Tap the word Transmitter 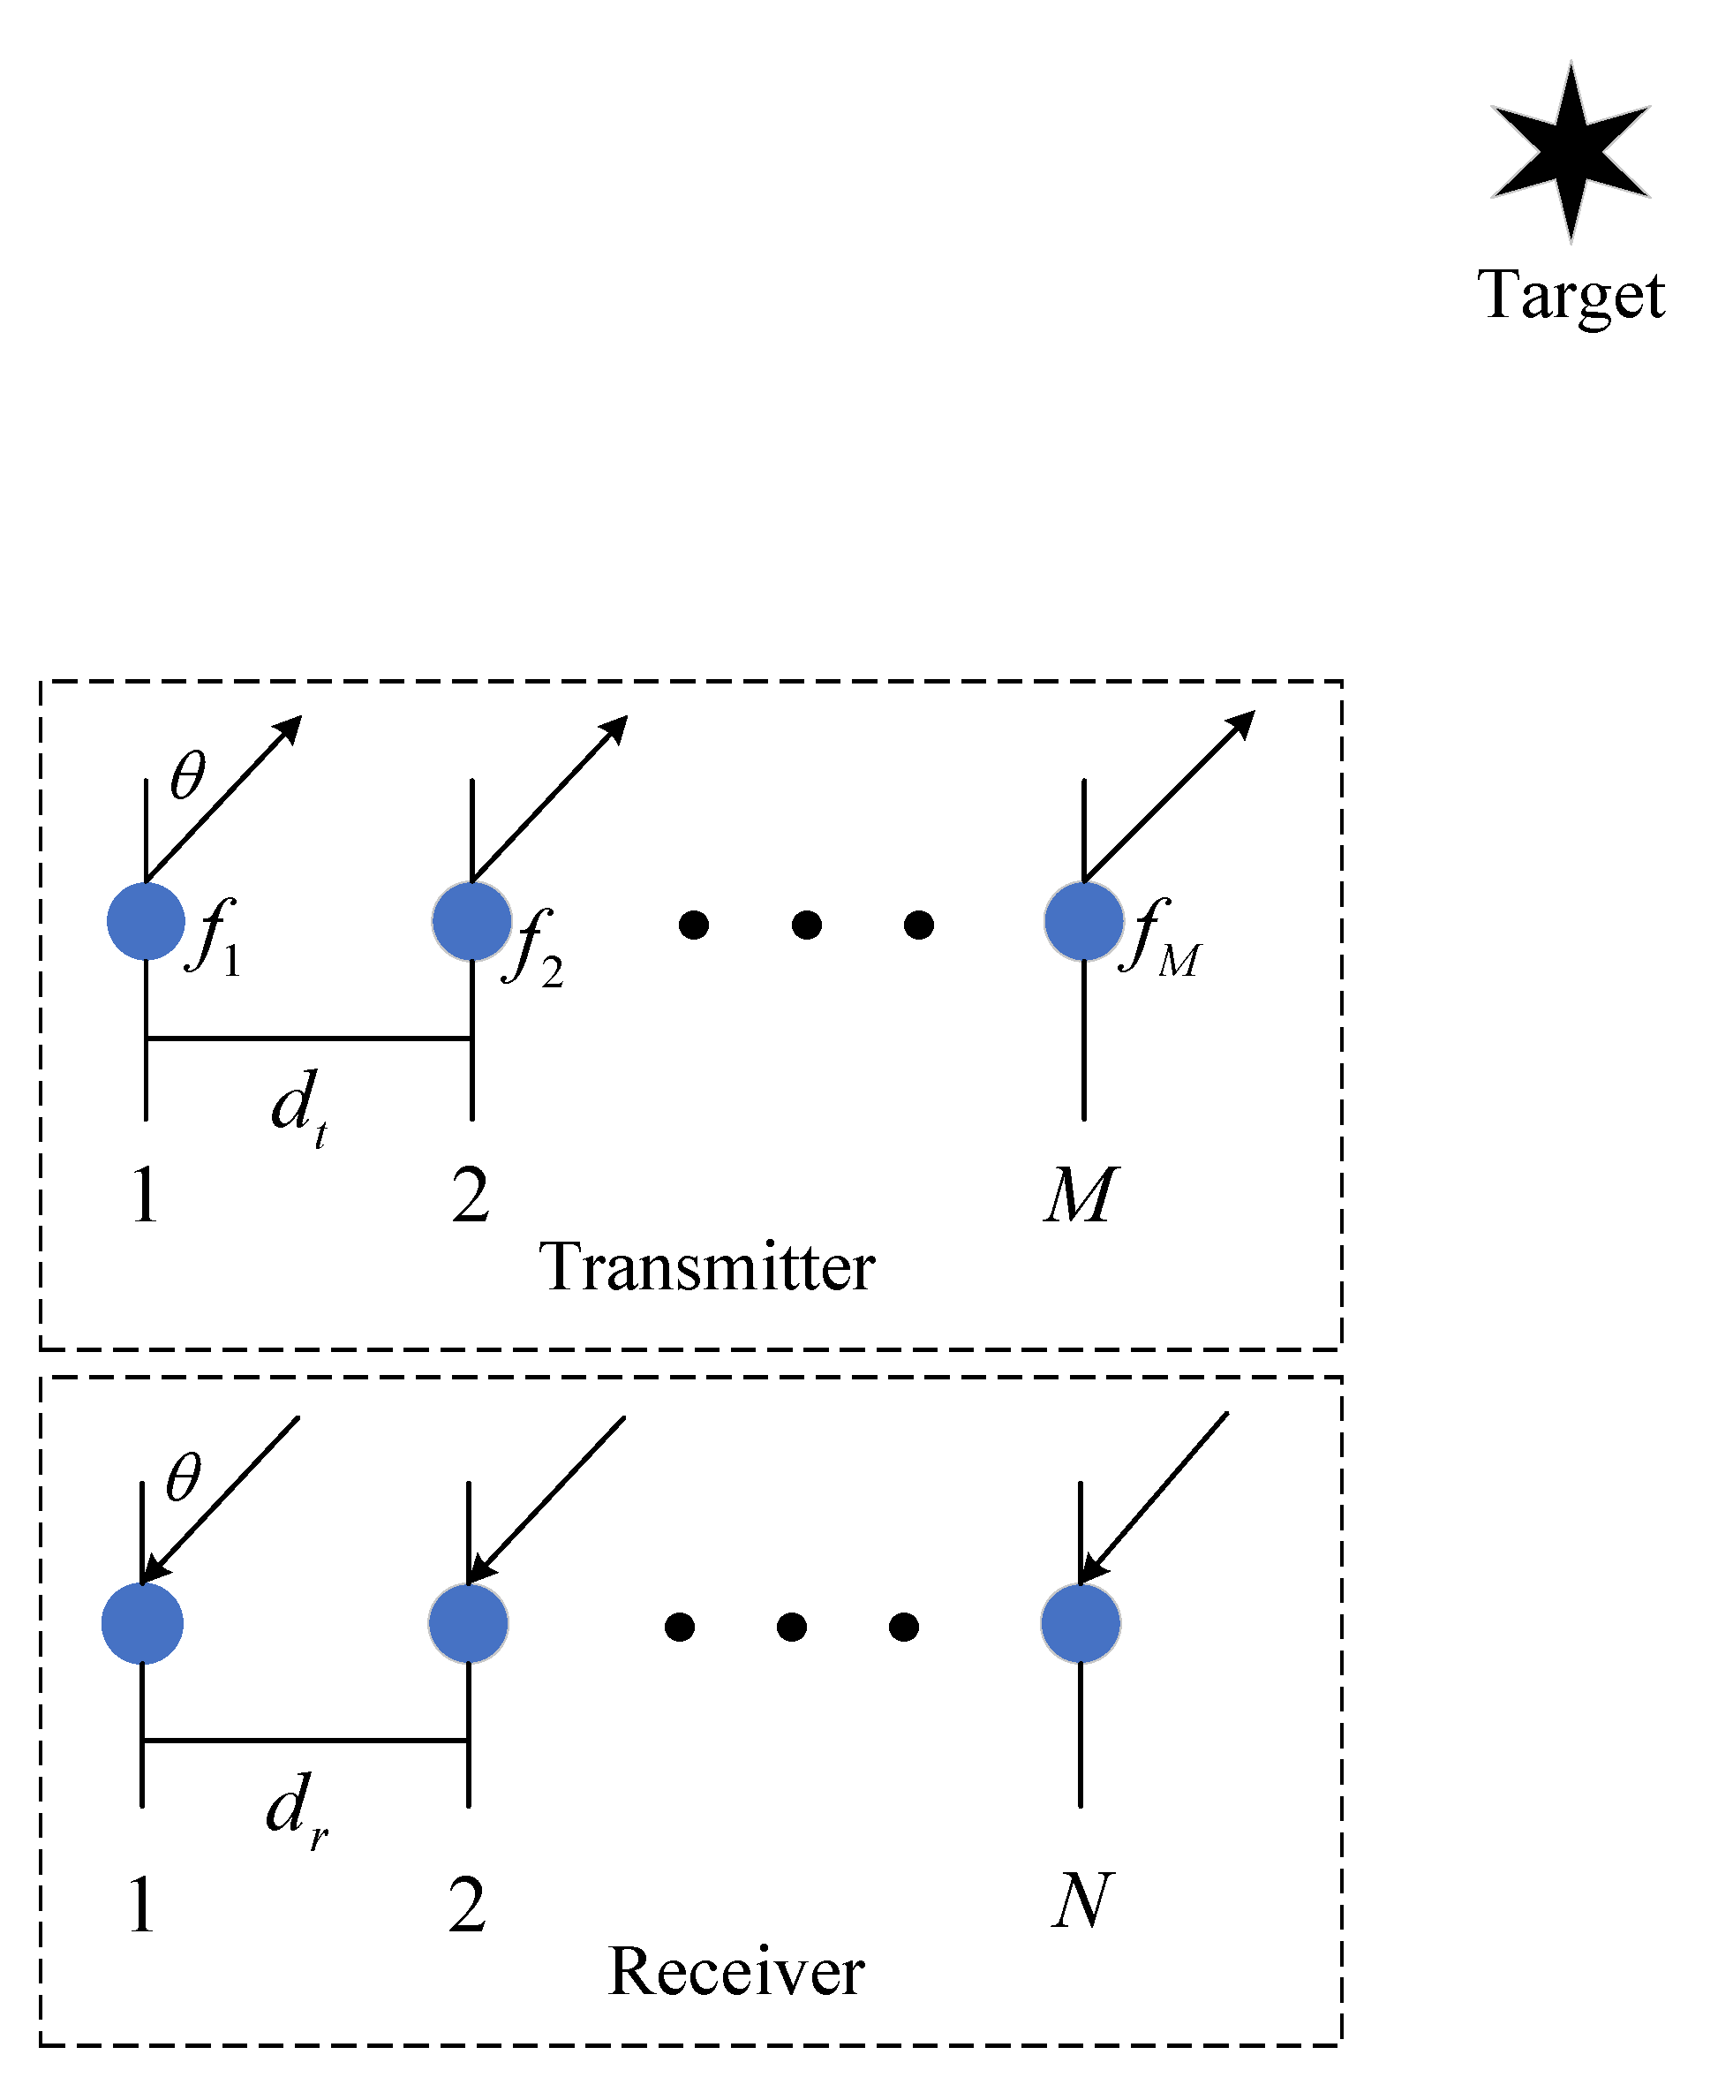tap(706, 1268)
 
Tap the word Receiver tap(735, 1971)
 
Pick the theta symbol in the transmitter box tap(187, 775)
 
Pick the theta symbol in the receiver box tap(184, 1477)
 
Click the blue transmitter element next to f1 tap(146, 921)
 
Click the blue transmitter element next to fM tap(1083, 921)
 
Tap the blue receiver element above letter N tap(1080, 1623)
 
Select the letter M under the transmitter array tap(1080, 1195)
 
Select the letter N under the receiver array tap(1081, 1900)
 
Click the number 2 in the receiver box tap(466, 1904)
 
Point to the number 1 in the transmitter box tap(145, 1195)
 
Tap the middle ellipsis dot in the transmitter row tap(806, 925)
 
